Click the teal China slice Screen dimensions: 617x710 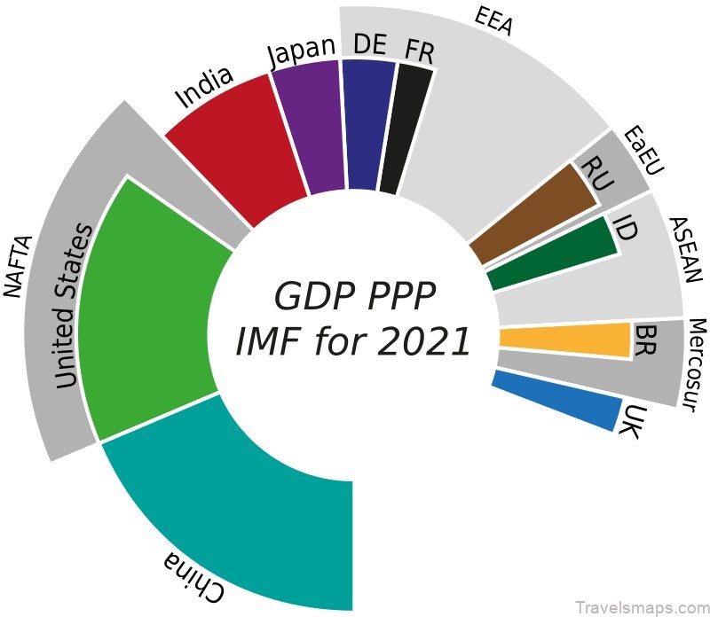point(257,496)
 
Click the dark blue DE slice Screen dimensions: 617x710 point(367,124)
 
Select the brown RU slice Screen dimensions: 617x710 point(532,213)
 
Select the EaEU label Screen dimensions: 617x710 point(643,151)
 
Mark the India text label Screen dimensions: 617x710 point(204,87)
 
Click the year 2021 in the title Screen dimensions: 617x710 point(422,341)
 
